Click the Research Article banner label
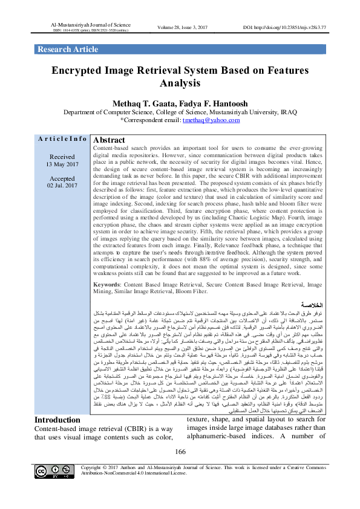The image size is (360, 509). [x=67, y=50]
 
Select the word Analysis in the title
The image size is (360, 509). [x=179, y=83]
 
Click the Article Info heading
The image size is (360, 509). [x=62, y=139]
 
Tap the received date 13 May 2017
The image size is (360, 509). [x=62, y=164]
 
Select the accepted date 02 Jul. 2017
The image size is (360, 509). [x=62, y=186]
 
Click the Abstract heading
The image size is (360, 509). [x=110, y=139]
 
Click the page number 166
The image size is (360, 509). [x=180, y=469]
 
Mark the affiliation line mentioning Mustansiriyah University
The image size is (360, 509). [x=180, y=112]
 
